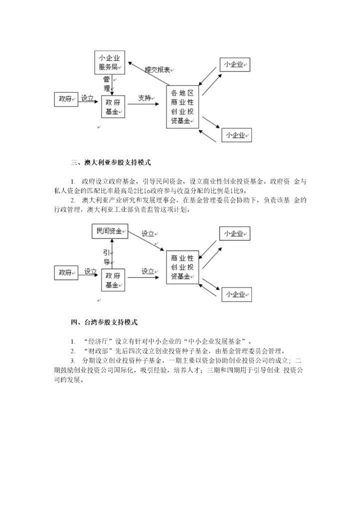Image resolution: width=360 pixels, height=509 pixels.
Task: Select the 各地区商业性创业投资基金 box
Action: [x=182, y=106]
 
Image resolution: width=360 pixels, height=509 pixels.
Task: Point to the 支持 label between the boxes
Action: [x=144, y=98]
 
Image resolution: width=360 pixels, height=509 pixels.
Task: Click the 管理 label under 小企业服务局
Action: [x=106, y=83]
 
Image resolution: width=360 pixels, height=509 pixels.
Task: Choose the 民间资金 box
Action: [x=109, y=231]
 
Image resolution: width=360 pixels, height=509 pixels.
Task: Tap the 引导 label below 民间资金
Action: [x=106, y=256]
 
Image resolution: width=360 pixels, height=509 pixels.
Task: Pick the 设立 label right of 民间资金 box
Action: [x=148, y=233]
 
